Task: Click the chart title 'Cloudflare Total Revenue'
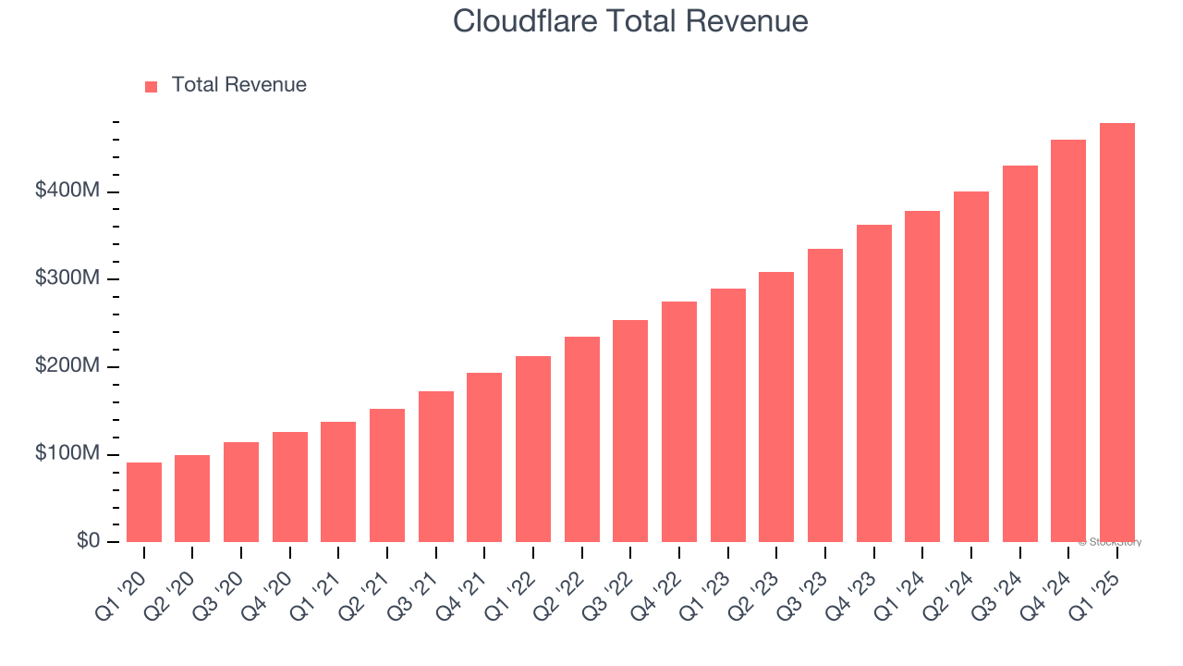click(630, 21)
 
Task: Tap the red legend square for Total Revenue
click(152, 86)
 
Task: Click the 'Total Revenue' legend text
click(238, 85)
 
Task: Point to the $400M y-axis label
click(68, 191)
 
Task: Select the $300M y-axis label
click(68, 279)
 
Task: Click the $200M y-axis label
click(68, 366)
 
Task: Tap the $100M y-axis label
click(68, 454)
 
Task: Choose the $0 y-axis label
click(88, 541)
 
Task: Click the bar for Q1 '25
click(1117, 333)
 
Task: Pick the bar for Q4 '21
click(484, 458)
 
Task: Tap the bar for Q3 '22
click(630, 431)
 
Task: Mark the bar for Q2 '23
click(776, 407)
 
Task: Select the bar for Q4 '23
click(874, 384)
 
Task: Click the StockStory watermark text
click(1109, 542)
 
